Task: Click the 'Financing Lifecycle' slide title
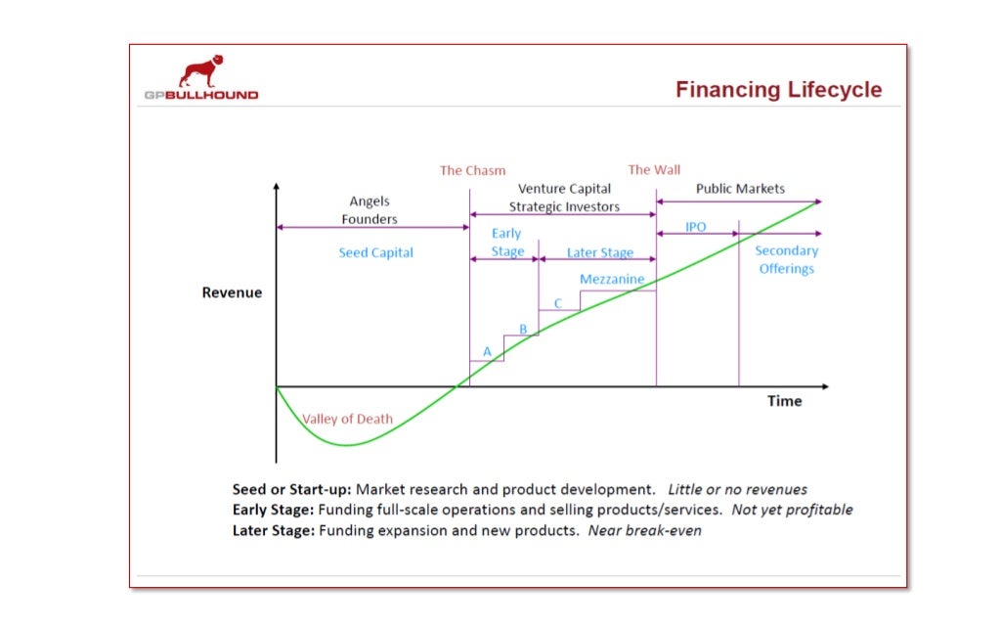[778, 90]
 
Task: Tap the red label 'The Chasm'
[472, 170]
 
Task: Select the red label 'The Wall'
[654, 169]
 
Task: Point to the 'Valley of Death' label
[347, 420]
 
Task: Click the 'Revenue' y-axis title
[232, 292]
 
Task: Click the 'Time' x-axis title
[784, 401]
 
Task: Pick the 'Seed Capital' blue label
[375, 252]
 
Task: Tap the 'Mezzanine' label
[612, 280]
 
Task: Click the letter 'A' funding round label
[487, 351]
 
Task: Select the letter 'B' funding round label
[523, 330]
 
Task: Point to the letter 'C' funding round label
[558, 303]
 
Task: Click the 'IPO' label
[695, 227]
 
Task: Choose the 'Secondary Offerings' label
[786, 260]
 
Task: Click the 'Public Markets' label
[740, 189]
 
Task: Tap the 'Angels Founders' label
[370, 210]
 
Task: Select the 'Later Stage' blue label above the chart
[600, 252]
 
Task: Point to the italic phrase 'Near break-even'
[644, 531]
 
